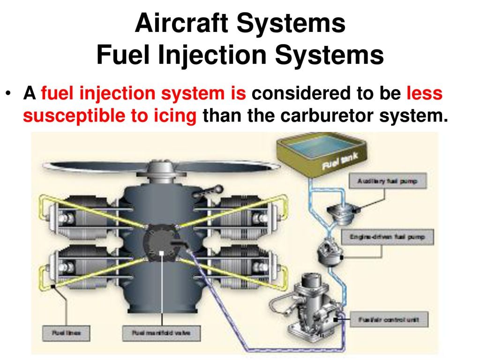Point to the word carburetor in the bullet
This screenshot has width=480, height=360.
pyautogui.click(x=323, y=115)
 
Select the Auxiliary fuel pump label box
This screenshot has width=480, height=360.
pyautogui.click(x=387, y=180)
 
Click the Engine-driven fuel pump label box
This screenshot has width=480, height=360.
pyautogui.click(x=387, y=237)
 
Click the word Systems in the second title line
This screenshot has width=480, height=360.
pyautogui.click(x=329, y=55)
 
